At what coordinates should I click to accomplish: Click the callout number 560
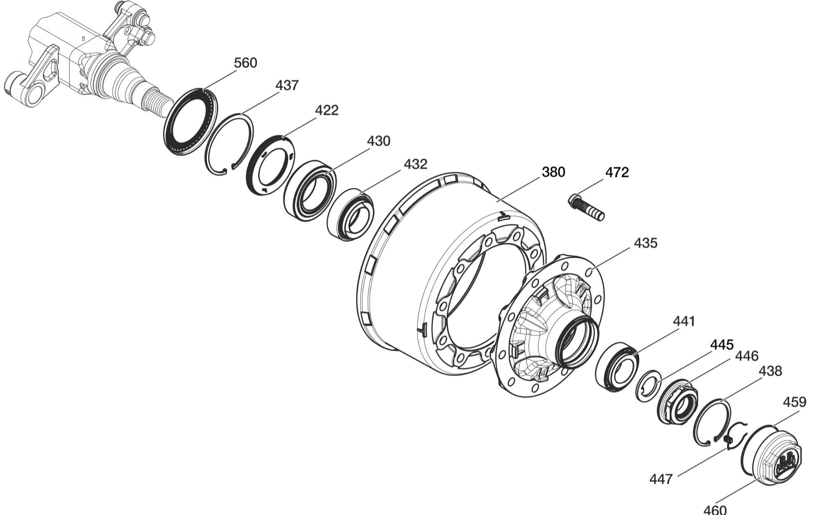[245, 63]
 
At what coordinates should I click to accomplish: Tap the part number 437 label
[287, 86]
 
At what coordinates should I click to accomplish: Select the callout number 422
[327, 110]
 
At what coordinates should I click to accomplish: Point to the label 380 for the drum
[554, 172]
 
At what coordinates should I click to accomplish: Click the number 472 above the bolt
[617, 172]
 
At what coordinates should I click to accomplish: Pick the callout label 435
[646, 243]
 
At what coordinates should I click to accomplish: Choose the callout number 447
[661, 479]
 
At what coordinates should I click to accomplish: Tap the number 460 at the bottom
[715, 509]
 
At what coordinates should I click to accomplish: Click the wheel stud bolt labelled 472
[586, 207]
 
